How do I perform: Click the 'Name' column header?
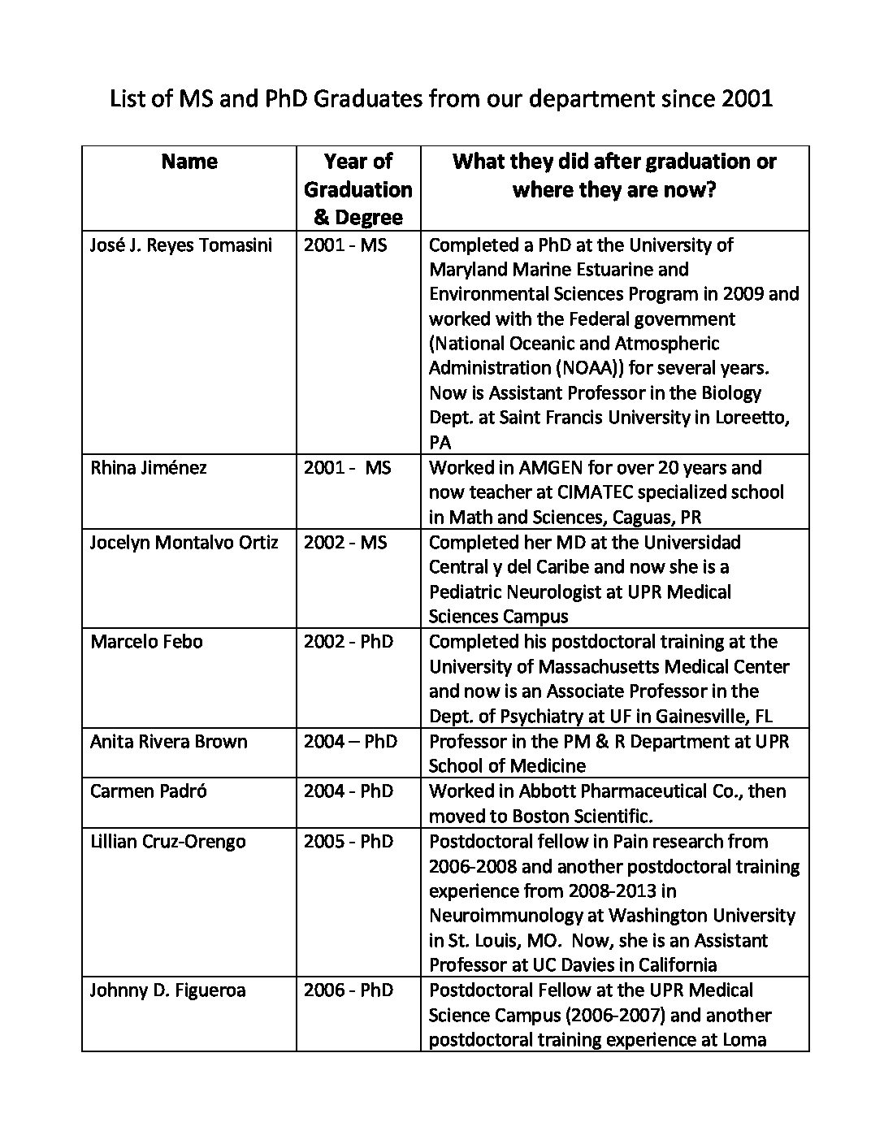189,162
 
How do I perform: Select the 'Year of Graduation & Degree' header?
358,189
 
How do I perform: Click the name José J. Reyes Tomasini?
181,245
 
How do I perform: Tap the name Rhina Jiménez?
148,467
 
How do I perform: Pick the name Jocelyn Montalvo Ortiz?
184,542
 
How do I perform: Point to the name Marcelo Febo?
146,641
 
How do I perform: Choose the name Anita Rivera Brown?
168,741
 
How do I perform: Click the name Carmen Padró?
148,791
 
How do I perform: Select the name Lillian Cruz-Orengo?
167,841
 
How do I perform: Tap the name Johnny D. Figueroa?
167,990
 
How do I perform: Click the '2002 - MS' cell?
345,542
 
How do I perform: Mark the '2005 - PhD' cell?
349,841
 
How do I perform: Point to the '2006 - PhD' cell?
349,990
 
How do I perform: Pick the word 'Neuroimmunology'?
505,916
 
